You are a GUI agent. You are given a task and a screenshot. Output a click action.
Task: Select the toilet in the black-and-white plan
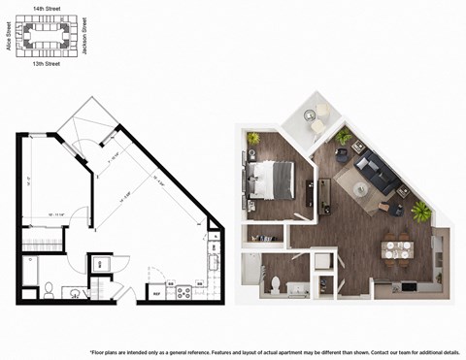tap(50, 287)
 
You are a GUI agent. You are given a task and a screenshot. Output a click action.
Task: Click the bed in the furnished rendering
tap(274, 179)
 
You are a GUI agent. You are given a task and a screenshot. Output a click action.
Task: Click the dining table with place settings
tap(395, 249)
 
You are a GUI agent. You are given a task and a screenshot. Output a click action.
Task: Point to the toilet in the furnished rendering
tap(275, 284)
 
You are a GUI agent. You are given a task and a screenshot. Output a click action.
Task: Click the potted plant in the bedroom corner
tap(254, 139)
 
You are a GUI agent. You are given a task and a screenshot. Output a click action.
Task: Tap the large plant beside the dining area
tap(421, 211)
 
